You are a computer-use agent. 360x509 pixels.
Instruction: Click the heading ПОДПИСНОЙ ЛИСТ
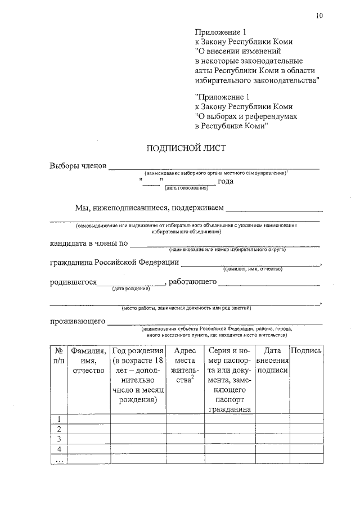tap(185, 148)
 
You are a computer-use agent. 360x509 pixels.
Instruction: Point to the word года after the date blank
tap(226, 181)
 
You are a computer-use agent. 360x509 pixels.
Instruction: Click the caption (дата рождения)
tap(130, 289)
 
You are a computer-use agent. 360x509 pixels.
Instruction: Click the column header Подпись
tap(307, 350)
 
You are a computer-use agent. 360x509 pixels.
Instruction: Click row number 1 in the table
tap(59, 418)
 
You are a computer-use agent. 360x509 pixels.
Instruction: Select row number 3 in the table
tap(59, 439)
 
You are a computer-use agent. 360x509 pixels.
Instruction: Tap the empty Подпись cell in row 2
tap(307, 429)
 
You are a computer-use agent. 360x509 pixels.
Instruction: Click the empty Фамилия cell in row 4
tap(89, 449)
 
